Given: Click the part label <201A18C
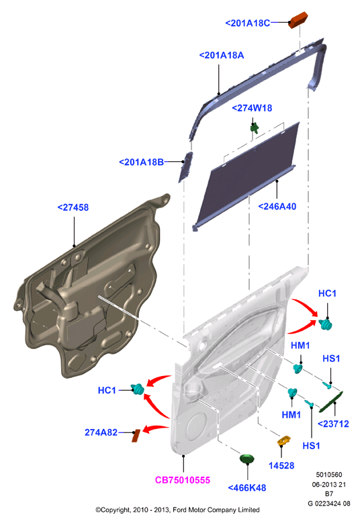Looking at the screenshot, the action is coord(248,23).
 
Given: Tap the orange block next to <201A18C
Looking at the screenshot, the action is coord(298,20).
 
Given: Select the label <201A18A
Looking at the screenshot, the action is coord(222,55).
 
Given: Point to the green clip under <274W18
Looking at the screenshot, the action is coord(255,128).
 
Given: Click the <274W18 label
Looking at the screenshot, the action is coord(252,108).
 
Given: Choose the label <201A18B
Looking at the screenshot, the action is coord(142,162).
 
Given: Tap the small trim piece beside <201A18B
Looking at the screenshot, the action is coord(186,167).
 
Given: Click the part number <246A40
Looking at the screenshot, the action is coord(277,207).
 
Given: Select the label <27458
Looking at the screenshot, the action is coord(73,207).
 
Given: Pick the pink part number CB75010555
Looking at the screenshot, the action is coord(183,480).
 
